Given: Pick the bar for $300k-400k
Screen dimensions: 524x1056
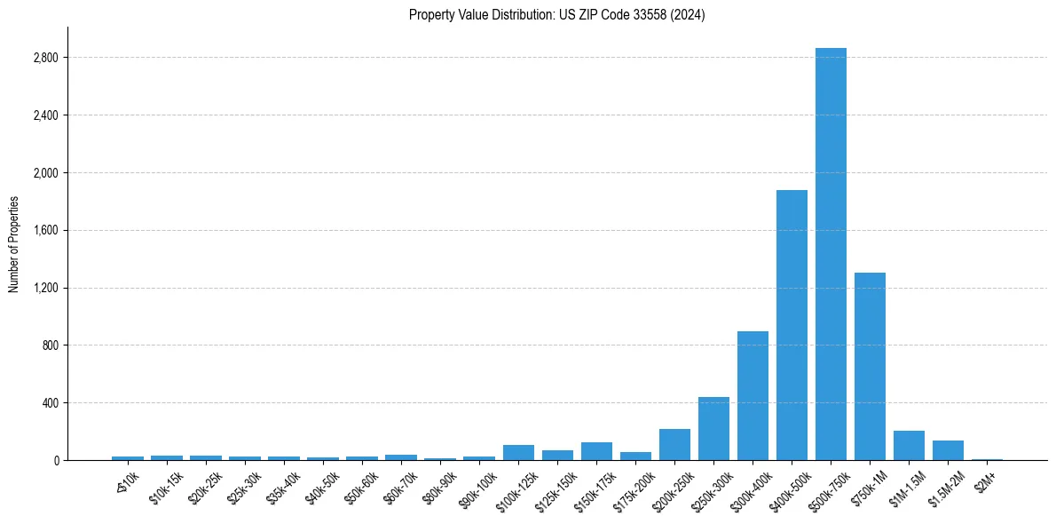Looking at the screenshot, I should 753,396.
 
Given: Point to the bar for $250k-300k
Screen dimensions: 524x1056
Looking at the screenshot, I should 713,429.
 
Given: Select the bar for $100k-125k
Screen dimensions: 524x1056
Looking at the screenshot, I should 518,453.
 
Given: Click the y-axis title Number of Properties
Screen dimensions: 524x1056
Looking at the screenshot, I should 13,244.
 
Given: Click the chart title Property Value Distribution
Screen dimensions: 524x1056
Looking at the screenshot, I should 556,15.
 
